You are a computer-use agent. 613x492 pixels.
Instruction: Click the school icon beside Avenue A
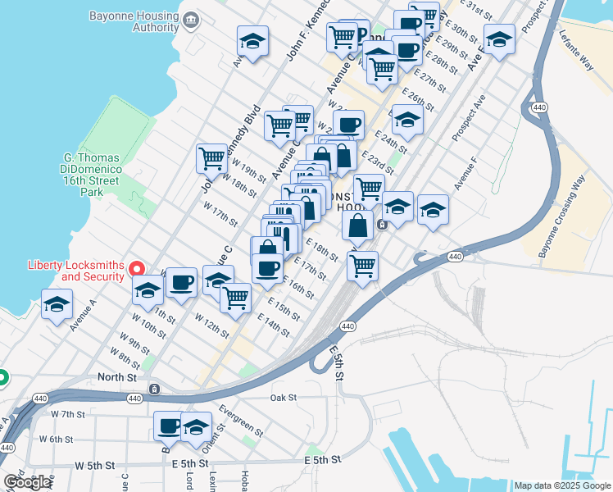click(x=57, y=305)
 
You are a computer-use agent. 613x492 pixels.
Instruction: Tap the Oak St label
click(x=283, y=398)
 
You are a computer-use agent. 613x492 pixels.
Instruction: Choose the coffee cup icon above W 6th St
click(x=169, y=426)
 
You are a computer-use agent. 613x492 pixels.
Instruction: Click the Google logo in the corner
click(x=27, y=482)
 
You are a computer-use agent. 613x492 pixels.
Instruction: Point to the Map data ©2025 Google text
click(x=562, y=485)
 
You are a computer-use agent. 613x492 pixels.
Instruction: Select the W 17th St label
click(x=223, y=216)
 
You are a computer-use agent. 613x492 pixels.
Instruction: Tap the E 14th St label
click(x=273, y=325)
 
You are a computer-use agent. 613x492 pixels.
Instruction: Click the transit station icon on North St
click(x=154, y=388)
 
